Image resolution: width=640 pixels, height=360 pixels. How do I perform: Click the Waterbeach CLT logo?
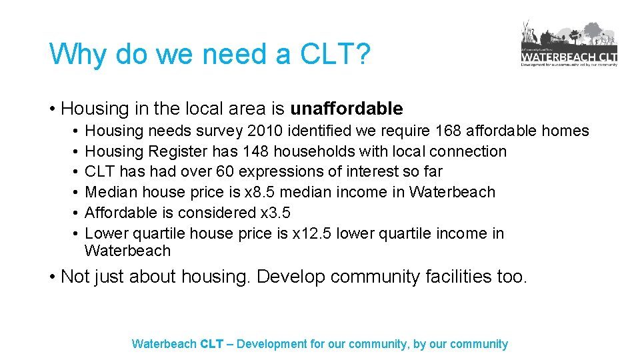(x=569, y=44)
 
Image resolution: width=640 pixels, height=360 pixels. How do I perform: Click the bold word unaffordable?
(x=347, y=109)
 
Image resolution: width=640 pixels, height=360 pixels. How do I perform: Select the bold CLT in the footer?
(x=211, y=344)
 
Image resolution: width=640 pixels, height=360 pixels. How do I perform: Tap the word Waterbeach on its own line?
(x=127, y=251)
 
